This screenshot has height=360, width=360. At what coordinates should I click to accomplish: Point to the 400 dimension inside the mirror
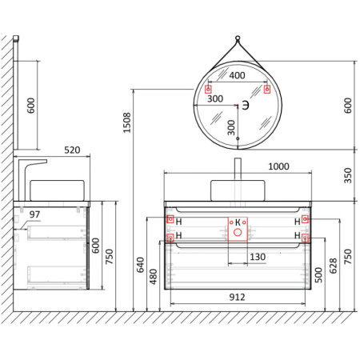click(237, 76)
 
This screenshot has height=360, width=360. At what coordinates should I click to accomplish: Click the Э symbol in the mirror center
click(246, 106)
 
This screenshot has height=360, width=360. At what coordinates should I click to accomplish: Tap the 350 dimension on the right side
click(346, 175)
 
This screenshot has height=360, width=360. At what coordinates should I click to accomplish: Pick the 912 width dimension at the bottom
click(236, 297)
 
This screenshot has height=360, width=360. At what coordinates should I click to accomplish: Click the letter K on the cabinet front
click(237, 221)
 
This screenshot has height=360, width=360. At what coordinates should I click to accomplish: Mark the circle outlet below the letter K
click(237, 233)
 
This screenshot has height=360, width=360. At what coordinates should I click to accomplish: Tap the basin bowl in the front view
click(237, 191)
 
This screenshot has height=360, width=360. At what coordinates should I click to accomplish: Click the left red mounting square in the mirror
click(210, 88)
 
